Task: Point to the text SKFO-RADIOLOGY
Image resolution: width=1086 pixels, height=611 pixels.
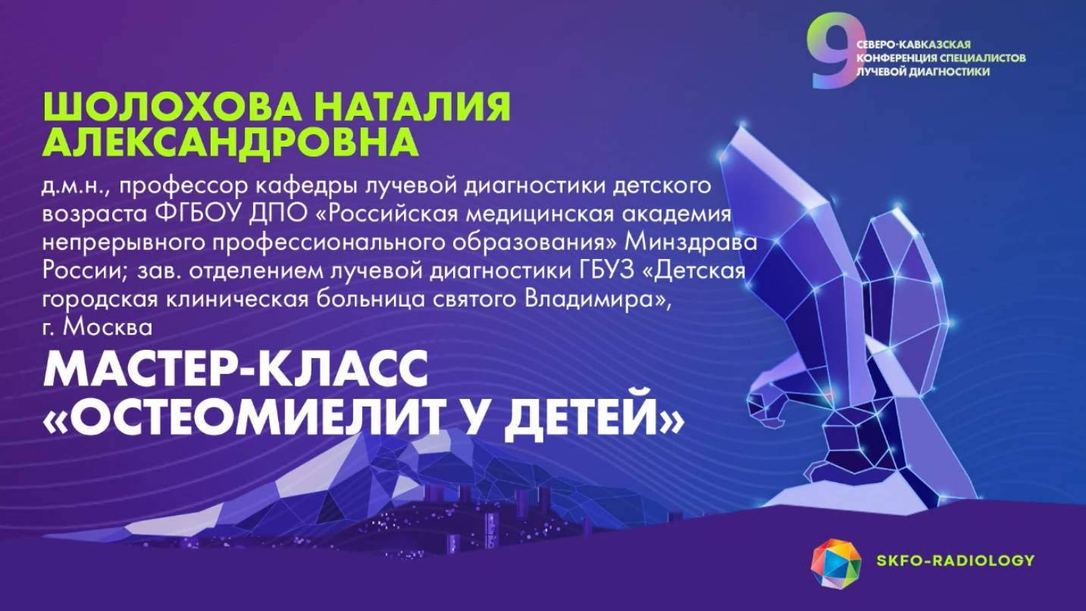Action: click(954, 560)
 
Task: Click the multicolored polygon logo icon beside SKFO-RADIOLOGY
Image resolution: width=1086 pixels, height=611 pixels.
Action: click(837, 564)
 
